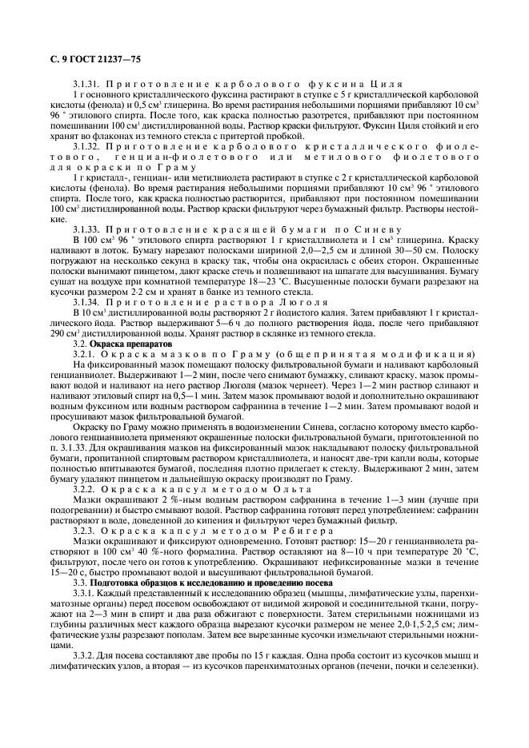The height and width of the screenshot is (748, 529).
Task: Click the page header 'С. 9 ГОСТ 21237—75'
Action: click(x=88, y=58)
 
